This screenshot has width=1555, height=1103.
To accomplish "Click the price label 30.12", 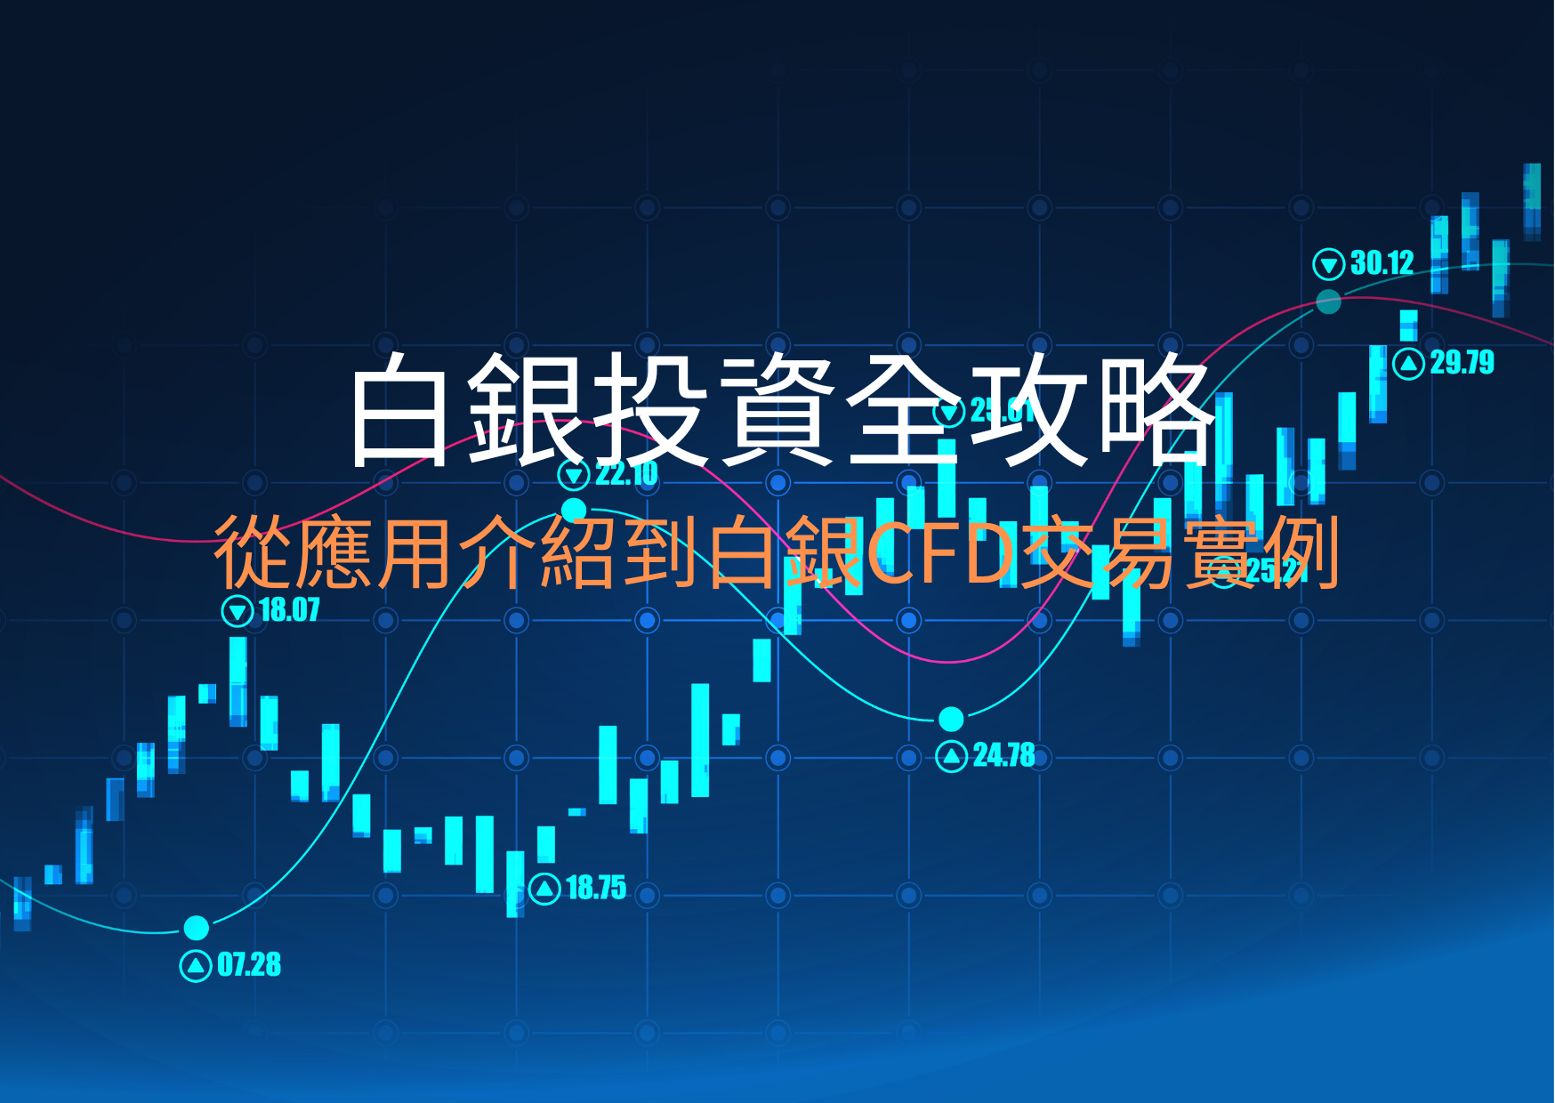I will (1382, 263).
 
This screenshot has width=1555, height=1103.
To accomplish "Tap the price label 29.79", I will (1462, 363).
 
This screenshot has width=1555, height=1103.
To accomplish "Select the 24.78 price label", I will (1003, 756).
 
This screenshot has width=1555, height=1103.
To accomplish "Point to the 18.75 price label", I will (596, 888).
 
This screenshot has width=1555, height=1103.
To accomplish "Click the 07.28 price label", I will (249, 965).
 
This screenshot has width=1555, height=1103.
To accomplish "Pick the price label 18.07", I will (289, 610).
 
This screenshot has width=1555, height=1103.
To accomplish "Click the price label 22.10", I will (626, 474).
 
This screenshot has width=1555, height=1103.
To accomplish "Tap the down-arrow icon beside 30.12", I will (1328, 264).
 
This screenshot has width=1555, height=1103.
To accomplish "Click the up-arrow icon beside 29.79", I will (1408, 363).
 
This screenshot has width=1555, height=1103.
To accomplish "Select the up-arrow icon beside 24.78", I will (952, 756).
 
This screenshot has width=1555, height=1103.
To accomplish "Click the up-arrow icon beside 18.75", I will (544, 888).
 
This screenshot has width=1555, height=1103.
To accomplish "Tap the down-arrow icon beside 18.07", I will (238, 611).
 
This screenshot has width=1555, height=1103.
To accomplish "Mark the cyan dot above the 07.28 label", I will (196, 928).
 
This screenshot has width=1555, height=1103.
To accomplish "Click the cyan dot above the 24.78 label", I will (951, 718).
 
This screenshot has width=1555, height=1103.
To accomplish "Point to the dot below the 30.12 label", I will (1328, 302).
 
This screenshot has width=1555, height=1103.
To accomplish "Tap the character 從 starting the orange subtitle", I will (252, 553).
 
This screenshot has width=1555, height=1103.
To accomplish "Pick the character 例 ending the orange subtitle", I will (1302, 553).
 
